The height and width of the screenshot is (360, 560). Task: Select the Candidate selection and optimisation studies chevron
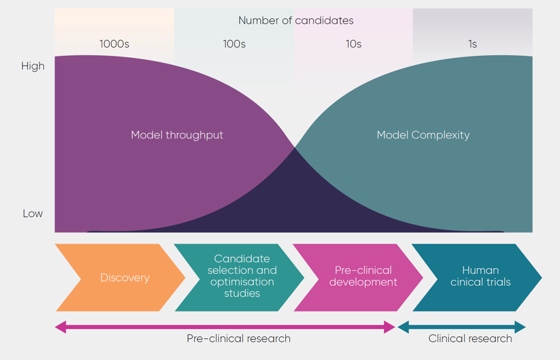coord(240,277)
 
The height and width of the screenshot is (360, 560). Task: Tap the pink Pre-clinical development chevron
coord(360,277)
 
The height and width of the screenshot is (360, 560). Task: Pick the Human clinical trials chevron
coord(478,277)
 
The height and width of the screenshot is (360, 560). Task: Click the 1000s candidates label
coord(114,44)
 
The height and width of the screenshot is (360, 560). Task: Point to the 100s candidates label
coord(234,44)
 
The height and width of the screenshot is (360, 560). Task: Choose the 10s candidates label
coord(354,44)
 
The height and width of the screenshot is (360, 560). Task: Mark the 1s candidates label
coord(473,44)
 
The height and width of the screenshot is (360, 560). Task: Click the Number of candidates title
coord(296,20)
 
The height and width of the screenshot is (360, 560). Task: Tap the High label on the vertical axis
coord(33,66)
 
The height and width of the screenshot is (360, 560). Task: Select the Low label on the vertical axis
coord(33,214)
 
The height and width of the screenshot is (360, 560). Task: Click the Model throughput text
coord(177,135)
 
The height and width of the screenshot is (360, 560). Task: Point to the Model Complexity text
coord(423,135)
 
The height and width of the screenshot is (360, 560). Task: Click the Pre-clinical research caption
coord(239,338)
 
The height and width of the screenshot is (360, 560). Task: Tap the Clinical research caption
coord(470,338)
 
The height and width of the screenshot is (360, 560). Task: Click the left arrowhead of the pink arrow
coord(60,326)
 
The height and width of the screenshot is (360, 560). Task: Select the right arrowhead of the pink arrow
coord(390,326)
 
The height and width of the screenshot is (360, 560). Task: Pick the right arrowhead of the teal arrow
coord(521,326)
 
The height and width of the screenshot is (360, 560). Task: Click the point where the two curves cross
coord(294,146)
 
